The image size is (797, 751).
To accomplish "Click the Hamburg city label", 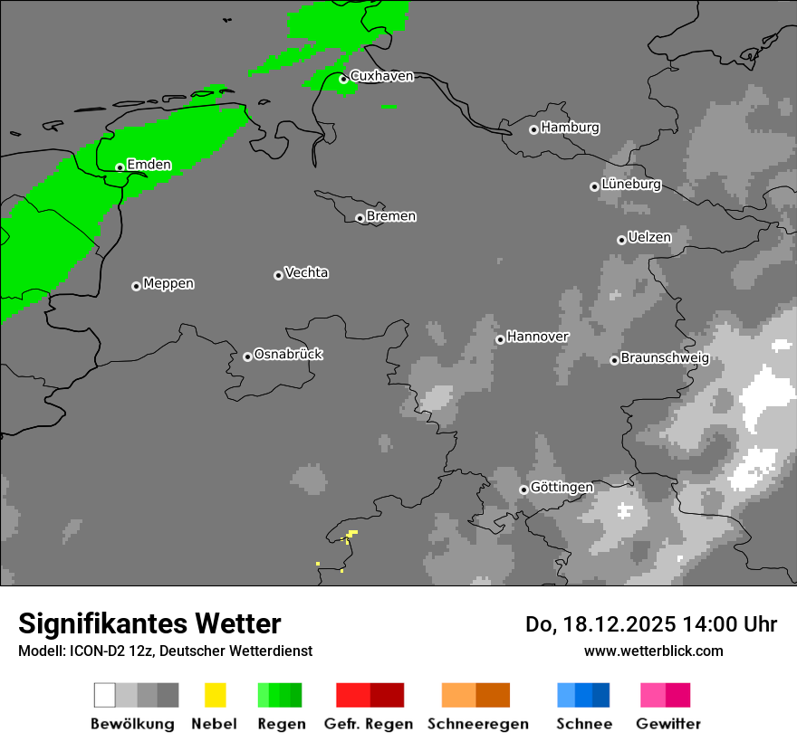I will (570, 128).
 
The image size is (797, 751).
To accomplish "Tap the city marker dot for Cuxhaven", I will (343, 80).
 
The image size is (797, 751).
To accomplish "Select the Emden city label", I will (149, 165).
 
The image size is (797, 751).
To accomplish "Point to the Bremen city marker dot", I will (360, 218).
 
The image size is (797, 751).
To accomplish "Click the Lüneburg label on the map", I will (631, 185).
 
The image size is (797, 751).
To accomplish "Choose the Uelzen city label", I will (649, 238).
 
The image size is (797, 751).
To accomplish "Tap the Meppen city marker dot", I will (136, 286).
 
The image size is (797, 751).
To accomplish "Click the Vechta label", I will (306, 273).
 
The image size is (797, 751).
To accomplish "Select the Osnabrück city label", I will (288, 355).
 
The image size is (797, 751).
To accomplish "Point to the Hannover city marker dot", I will (500, 339).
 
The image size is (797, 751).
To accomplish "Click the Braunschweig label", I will (665, 358).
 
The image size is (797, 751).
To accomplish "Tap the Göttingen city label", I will (562, 488).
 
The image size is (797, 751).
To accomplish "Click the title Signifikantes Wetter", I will (149, 623).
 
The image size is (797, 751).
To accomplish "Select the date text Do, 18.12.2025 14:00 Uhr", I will (650, 624).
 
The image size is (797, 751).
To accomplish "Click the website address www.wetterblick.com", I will (653, 651).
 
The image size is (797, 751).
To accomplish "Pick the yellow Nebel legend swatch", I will (215, 695).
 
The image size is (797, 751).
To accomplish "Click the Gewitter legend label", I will (667, 724).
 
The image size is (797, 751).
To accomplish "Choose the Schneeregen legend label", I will (477, 724).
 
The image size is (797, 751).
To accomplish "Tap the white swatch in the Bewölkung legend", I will (105, 695).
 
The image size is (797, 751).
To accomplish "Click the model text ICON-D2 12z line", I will (165, 651).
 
